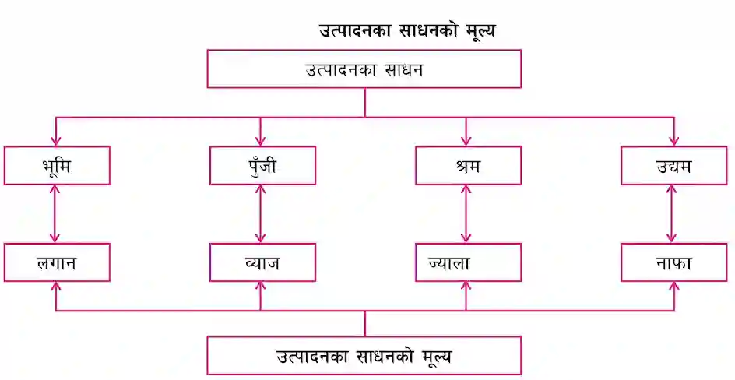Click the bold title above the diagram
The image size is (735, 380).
pyautogui.click(x=407, y=31)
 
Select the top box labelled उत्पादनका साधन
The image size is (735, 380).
pyautogui.click(x=364, y=69)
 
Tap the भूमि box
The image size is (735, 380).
pyautogui.click(x=57, y=165)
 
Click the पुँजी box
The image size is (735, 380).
pyautogui.click(x=262, y=165)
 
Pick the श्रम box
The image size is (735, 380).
pyautogui.click(x=468, y=165)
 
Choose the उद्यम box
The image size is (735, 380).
pyautogui.click(x=674, y=165)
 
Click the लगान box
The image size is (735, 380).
pyautogui.click(x=57, y=262)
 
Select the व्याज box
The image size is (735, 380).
pyautogui.click(x=262, y=262)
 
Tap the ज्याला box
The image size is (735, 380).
pyautogui.click(x=468, y=262)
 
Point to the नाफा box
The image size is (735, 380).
pyautogui.click(x=674, y=262)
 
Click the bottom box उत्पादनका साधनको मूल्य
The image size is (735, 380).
pyautogui.click(x=364, y=356)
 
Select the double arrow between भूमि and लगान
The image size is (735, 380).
pyautogui.click(x=56, y=213)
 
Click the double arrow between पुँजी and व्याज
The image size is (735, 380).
pyautogui.click(x=261, y=213)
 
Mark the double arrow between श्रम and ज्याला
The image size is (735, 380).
pyautogui.click(x=466, y=213)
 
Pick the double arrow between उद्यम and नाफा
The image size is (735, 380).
pyautogui.click(x=672, y=213)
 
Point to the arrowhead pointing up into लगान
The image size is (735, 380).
pyautogui.click(x=56, y=287)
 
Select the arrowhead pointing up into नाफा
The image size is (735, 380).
pyautogui.click(x=674, y=287)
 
